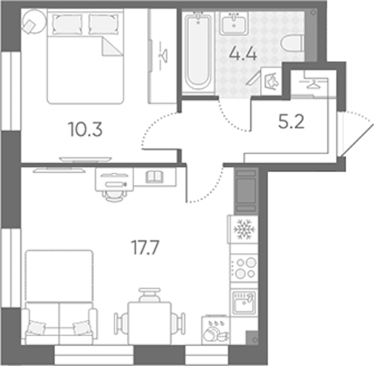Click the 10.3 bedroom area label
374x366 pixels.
point(85,129)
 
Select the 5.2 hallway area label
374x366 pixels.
point(291,122)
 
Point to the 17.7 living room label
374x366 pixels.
point(145,248)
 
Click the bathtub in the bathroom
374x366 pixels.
point(198,51)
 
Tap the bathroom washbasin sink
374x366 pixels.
point(234,23)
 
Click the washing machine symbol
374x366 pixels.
point(272,81)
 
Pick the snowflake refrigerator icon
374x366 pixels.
point(244,229)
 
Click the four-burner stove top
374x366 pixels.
point(244,268)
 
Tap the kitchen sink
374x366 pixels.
point(244,302)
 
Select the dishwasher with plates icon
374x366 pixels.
point(216,331)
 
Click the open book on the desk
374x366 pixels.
point(154,177)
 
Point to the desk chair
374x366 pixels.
point(115,196)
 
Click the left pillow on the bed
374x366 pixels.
point(68,24)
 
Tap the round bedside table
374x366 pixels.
point(34,21)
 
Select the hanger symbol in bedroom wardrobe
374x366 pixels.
point(163,56)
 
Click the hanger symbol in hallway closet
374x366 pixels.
point(314,84)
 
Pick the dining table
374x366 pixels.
point(149,323)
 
